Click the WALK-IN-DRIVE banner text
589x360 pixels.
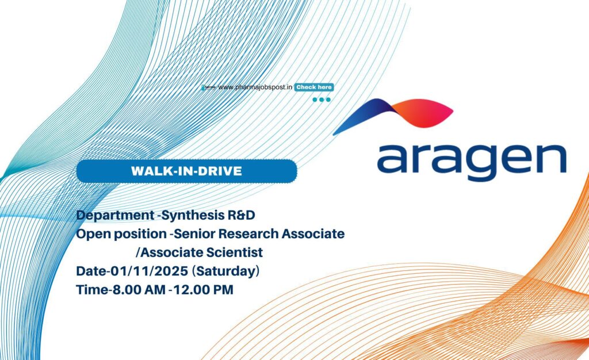point(186,171)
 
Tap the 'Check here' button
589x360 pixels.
point(314,87)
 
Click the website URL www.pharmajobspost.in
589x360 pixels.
point(255,87)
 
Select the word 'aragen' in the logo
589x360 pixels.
point(471,159)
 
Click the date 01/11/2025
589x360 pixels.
point(143,271)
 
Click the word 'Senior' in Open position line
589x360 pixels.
point(193,234)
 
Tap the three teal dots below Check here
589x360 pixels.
point(322,99)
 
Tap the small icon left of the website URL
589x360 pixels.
point(209,87)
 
